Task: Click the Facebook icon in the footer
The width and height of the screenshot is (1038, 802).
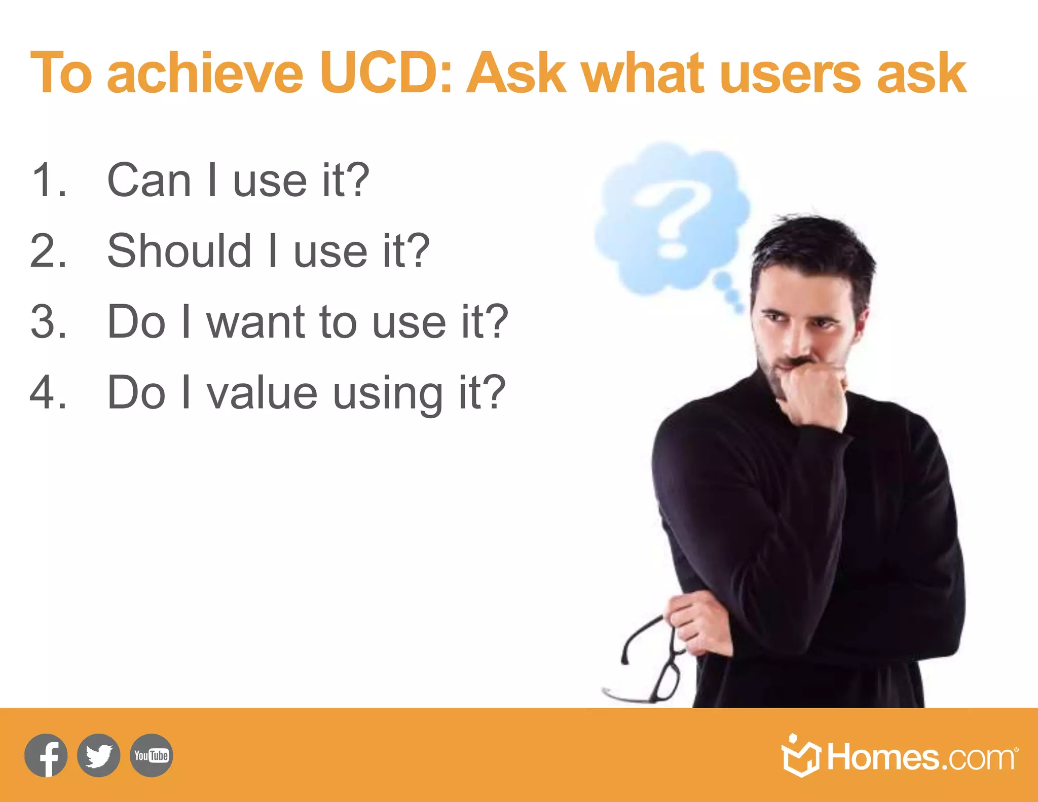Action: pyautogui.click(x=46, y=755)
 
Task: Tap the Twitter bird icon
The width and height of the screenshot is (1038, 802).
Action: pyautogui.click(x=99, y=755)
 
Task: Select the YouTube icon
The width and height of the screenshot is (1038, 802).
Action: pyautogui.click(x=151, y=755)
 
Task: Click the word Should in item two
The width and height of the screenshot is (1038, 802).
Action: pyautogui.click(x=179, y=250)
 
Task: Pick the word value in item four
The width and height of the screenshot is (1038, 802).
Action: pyautogui.click(x=262, y=393)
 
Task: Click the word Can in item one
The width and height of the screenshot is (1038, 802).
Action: pyautogui.click(x=149, y=180)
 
